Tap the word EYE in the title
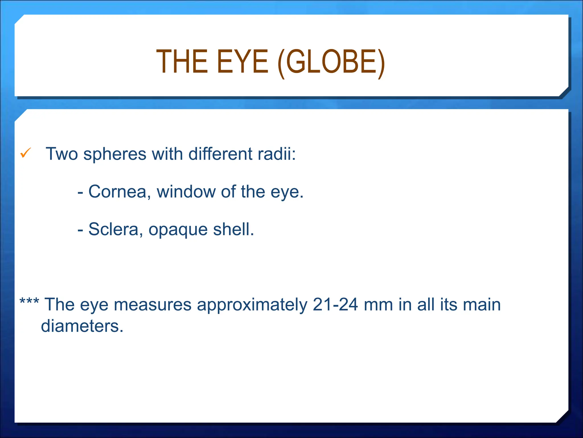click(x=242, y=62)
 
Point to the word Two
click(x=62, y=154)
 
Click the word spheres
click(x=115, y=155)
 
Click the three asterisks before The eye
click(x=29, y=301)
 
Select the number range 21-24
click(x=335, y=305)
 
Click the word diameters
click(x=82, y=326)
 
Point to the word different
click(x=220, y=154)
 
